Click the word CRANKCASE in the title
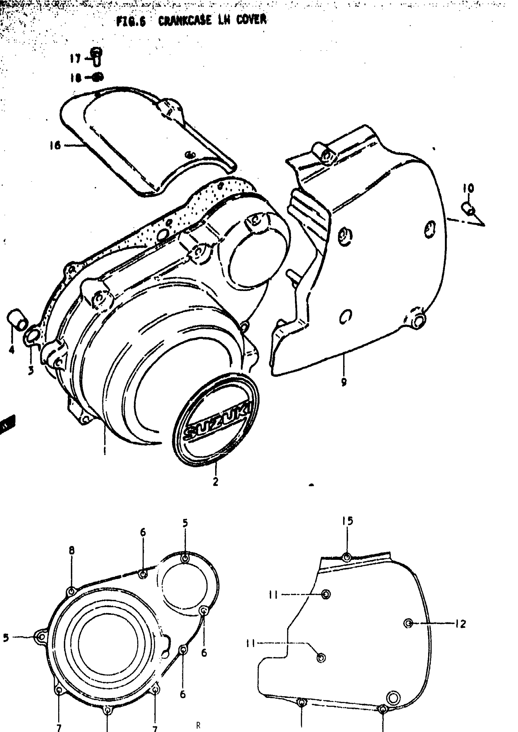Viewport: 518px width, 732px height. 185,21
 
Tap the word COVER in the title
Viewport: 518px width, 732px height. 251,20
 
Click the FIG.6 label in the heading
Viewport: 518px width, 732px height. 131,22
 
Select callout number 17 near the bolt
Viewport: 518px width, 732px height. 76,59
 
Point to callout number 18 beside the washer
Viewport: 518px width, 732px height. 76,77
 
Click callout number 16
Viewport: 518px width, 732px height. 55,145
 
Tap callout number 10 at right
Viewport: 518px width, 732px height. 468,188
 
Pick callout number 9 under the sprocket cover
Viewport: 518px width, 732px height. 344,382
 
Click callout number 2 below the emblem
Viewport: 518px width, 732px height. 216,481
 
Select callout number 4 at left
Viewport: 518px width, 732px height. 12,350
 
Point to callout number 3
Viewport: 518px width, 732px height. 30,370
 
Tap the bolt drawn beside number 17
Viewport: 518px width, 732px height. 97,56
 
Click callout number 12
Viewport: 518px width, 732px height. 461,624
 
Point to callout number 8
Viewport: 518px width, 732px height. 72,550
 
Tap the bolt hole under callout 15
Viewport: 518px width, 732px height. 347,557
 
